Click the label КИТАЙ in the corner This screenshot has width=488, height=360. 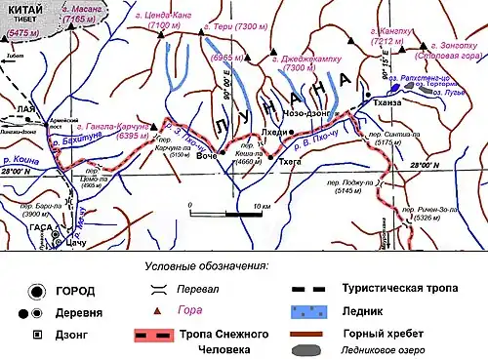click(23, 8)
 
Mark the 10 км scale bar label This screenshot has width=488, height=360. click(261, 208)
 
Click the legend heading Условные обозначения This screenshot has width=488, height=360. click(206, 264)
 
